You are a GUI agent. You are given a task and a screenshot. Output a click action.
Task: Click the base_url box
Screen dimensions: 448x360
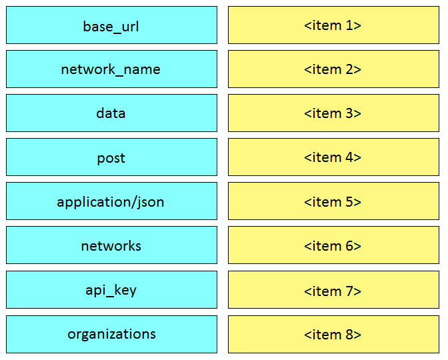111,25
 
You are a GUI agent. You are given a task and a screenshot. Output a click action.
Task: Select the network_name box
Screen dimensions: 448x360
111,69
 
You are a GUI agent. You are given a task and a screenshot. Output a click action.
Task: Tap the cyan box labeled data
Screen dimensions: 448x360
111,113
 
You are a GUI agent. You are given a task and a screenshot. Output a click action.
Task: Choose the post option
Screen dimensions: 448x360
111,157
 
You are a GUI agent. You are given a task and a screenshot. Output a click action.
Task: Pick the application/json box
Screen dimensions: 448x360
111,201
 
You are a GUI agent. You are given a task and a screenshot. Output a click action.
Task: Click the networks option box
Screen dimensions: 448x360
111,245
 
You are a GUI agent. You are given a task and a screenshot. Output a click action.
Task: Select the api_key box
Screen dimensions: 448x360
111,290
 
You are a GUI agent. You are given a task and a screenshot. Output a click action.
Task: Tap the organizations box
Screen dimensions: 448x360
111,334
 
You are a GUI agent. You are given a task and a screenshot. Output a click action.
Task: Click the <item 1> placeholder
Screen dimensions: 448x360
333,25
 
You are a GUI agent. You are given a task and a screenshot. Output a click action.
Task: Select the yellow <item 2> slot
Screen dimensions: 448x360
333,69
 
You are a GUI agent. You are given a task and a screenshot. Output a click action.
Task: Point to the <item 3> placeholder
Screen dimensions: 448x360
333,113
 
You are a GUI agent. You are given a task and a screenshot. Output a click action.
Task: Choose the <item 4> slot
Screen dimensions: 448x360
333,157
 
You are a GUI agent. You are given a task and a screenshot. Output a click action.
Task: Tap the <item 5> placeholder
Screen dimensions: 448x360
333,201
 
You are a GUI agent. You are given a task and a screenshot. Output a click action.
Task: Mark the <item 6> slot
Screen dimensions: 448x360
333,245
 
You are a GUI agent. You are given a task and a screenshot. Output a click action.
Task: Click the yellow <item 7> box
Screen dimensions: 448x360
333,290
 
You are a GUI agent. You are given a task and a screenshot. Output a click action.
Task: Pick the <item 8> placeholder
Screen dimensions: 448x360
333,334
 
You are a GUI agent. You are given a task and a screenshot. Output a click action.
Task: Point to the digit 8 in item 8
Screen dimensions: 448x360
349,335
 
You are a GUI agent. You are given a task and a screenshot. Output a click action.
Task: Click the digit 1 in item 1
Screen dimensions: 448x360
349,25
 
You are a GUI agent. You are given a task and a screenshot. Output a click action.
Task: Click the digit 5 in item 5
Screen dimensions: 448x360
349,202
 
